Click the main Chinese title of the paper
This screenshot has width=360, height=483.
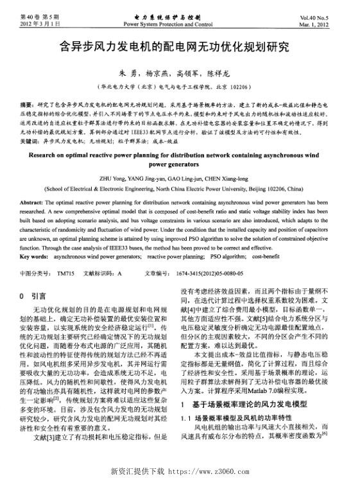180,47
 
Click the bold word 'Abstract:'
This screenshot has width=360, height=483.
35,202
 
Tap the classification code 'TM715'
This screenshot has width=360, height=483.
65,272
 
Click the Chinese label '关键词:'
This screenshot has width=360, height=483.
30,139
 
